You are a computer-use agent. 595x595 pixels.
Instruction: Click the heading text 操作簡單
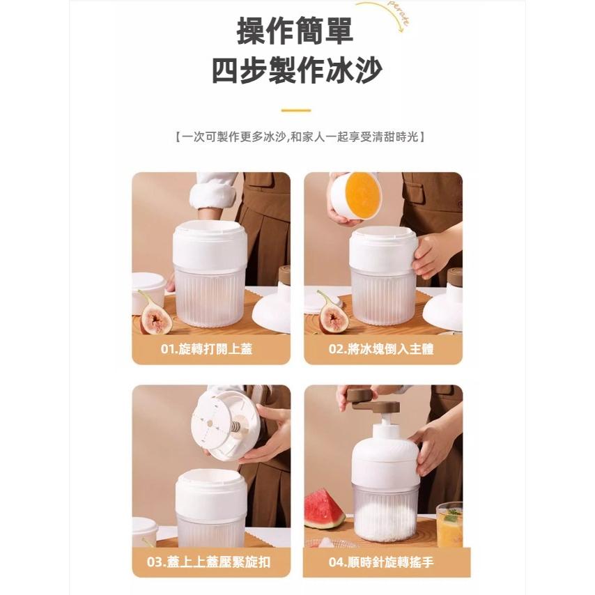click(x=295, y=31)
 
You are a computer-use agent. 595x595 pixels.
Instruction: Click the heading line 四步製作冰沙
click(x=297, y=70)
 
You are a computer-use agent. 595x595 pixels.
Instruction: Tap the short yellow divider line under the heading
click(x=296, y=110)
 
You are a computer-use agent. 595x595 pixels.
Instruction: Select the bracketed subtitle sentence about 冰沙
click(x=300, y=137)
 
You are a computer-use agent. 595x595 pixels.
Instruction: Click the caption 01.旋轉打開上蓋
click(x=206, y=349)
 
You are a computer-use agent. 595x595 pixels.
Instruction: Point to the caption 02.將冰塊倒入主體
click(x=381, y=349)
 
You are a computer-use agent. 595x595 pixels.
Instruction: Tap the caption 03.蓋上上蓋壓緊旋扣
click(x=209, y=562)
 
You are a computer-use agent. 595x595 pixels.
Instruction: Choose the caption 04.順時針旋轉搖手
click(x=381, y=562)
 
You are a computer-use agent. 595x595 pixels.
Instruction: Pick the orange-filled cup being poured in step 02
click(x=356, y=195)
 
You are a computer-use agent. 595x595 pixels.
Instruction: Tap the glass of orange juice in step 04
click(x=449, y=525)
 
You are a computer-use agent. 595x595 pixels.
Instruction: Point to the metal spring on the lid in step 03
click(x=235, y=424)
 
